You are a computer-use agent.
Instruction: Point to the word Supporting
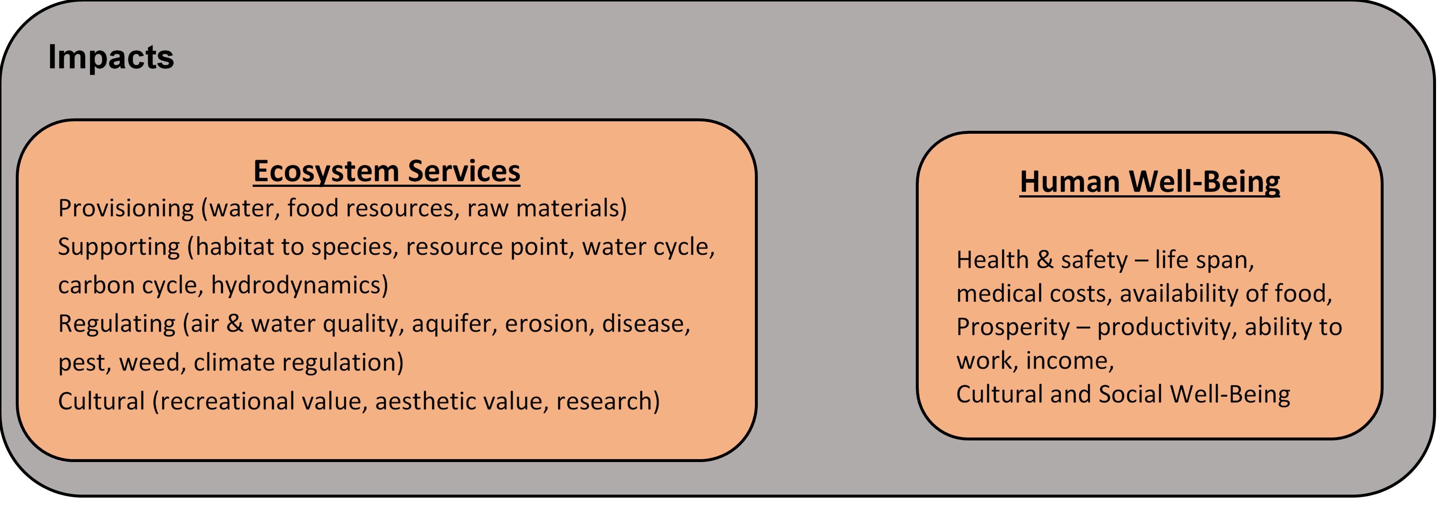[x=119, y=247]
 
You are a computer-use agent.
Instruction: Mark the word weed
[x=153, y=362]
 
